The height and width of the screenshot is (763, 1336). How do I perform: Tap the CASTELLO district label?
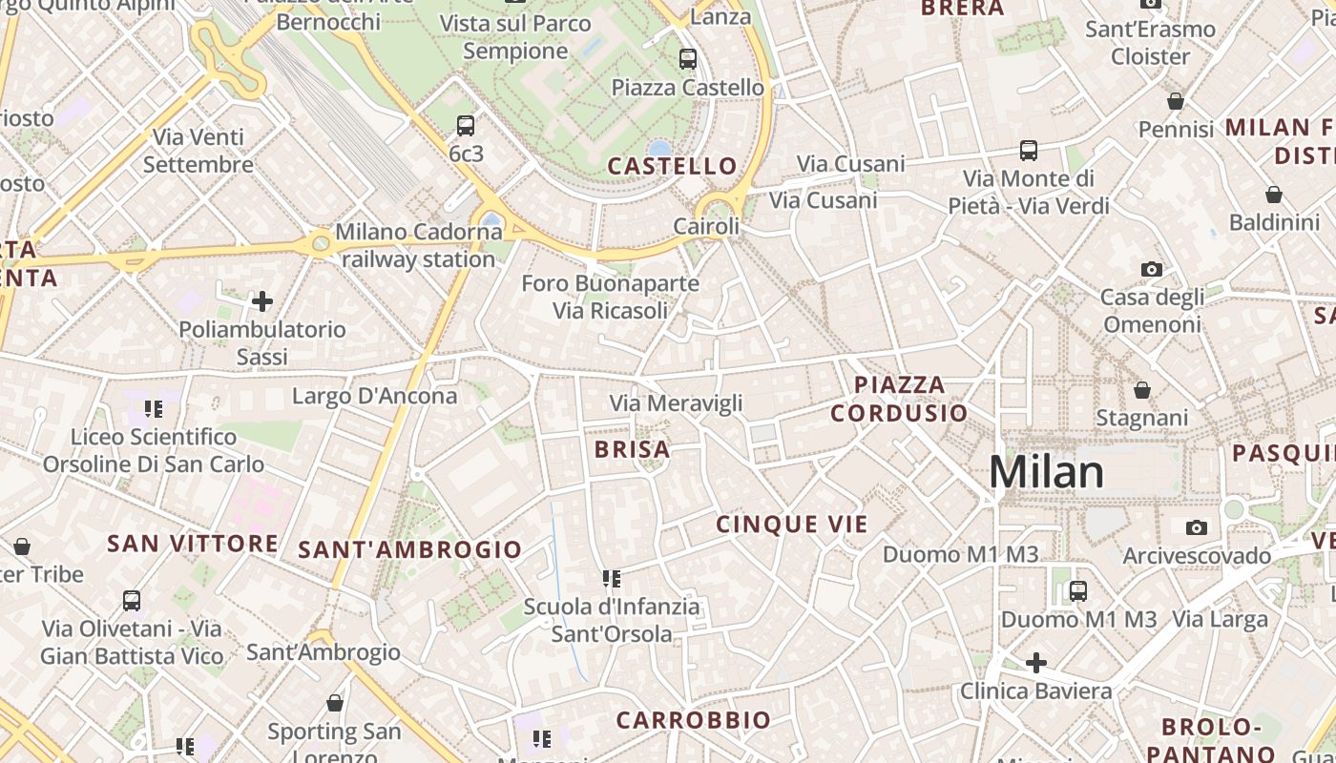click(673, 166)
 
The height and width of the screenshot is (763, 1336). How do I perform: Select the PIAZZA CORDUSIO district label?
click(899, 399)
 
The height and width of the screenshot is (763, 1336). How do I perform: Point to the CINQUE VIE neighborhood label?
click(792, 524)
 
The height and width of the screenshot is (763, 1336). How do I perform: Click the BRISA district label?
click(632, 449)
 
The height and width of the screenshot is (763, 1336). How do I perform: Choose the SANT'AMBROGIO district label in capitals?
click(410, 549)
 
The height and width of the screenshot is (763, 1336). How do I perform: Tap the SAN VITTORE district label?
click(193, 544)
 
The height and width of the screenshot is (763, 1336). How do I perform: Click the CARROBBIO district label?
click(693, 720)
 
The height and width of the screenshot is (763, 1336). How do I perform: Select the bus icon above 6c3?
click(466, 126)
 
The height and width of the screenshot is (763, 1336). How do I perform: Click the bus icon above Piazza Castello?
click(688, 59)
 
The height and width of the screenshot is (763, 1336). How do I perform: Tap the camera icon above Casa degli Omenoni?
click(1152, 270)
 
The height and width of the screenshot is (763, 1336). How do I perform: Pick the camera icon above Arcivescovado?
click(1196, 527)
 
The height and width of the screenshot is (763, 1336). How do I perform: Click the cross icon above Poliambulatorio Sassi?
click(262, 302)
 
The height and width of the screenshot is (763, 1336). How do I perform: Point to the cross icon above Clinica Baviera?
click(1036, 662)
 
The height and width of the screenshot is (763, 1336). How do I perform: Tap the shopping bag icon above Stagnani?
click(1141, 390)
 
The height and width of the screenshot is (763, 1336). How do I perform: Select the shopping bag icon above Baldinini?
click(1273, 195)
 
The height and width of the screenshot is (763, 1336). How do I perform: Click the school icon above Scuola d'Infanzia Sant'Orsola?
click(612, 578)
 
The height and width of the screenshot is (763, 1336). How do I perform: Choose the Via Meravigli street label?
click(676, 403)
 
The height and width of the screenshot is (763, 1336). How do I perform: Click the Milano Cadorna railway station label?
click(418, 245)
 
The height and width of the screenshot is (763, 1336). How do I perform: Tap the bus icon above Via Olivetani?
click(132, 601)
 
